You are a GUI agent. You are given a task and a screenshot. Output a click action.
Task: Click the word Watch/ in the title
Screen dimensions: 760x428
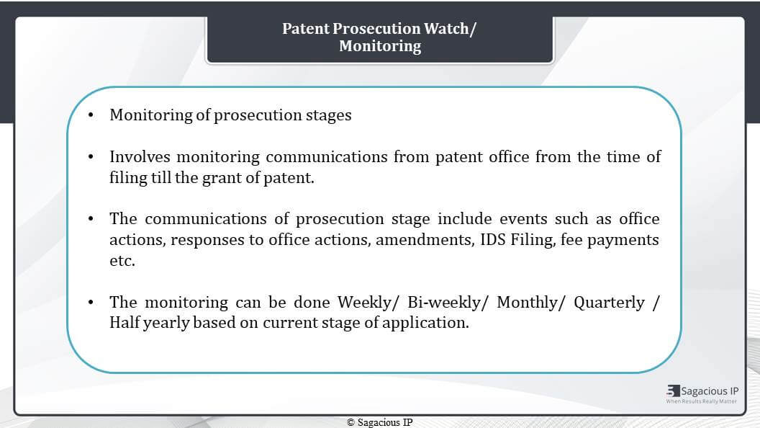pyautogui.click(x=450, y=29)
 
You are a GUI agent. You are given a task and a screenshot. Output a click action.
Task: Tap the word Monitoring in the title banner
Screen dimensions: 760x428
pyautogui.click(x=380, y=46)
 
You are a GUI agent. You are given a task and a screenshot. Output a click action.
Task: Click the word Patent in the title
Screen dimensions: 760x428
pyautogui.click(x=305, y=29)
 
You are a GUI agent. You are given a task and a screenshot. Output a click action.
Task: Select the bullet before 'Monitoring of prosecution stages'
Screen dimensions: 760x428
pyautogui.click(x=91, y=115)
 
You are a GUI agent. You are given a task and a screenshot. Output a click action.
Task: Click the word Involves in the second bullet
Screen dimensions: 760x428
pyautogui.click(x=140, y=157)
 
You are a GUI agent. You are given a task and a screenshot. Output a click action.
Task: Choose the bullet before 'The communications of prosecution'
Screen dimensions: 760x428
pyautogui.click(x=91, y=219)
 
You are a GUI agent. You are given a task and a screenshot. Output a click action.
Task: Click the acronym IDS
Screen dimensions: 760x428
pyautogui.click(x=493, y=240)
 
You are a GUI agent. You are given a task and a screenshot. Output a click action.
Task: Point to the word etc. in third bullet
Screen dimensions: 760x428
pyautogui.click(x=122, y=261)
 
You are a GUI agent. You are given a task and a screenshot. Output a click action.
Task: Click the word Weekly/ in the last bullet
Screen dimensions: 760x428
pyautogui.click(x=368, y=303)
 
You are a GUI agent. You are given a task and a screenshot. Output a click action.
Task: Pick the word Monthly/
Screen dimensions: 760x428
pyautogui.click(x=530, y=303)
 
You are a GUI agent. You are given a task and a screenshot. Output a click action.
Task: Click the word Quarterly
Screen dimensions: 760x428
pyautogui.click(x=610, y=303)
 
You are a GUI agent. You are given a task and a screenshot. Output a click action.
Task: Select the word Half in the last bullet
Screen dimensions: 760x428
pyautogui.click(x=125, y=323)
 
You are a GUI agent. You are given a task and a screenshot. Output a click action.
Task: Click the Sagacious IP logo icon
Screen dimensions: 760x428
pyautogui.click(x=673, y=391)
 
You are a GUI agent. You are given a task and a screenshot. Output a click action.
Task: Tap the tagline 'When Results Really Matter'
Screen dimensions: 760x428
pyautogui.click(x=702, y=401)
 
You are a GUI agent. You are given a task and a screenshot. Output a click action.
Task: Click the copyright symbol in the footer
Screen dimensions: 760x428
pyautogui.click(x=351, y=423)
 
